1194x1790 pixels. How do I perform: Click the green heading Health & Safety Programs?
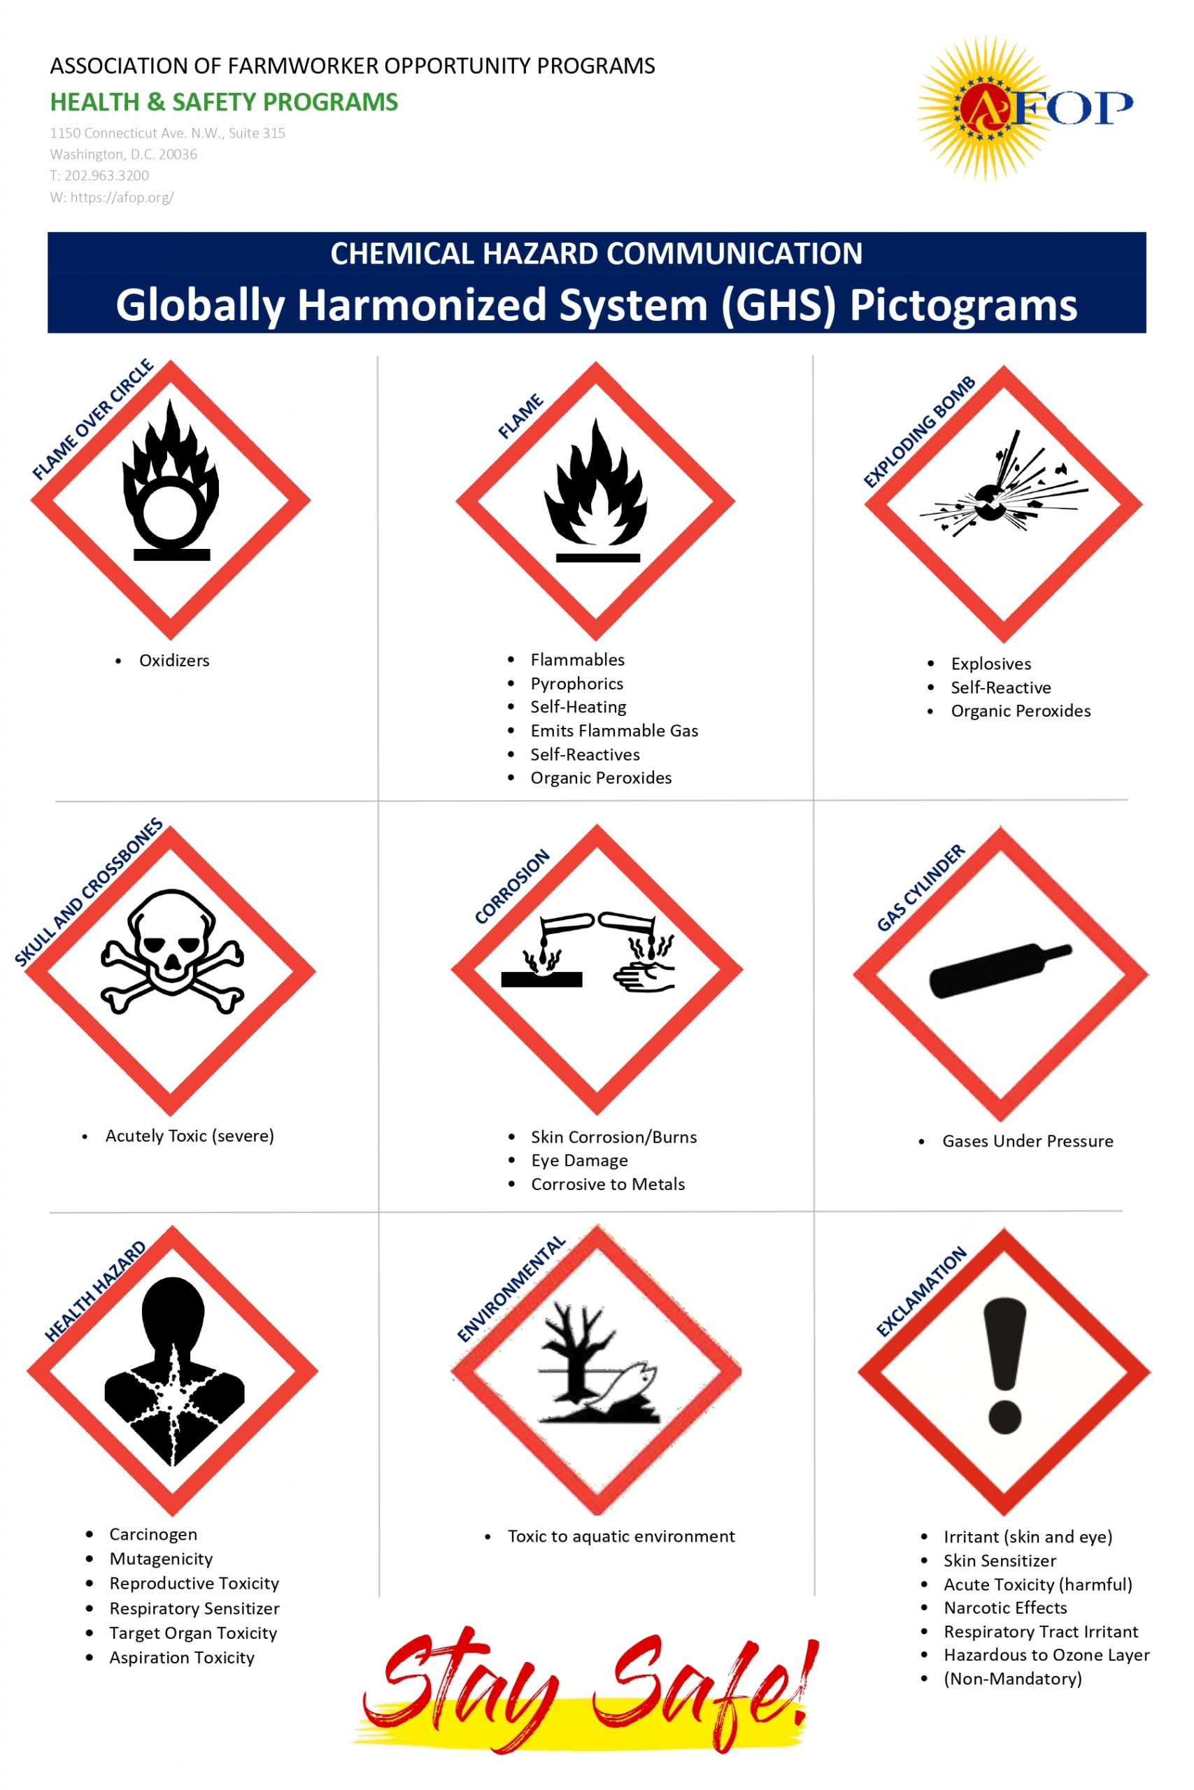click(x=224, y=102)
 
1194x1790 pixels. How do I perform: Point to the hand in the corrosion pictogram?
click(x=644, y=976)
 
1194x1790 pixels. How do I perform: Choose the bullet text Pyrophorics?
click(x=576, y=683)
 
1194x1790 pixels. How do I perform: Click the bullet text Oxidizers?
click(x=173, y=661)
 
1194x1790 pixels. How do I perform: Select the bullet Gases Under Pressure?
click(x=1028, y=1141)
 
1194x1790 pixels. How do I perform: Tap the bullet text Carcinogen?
click(x=153, y=1534)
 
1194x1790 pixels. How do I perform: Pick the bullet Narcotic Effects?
click(x=1005, y=1608)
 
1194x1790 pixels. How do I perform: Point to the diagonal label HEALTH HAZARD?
click(x=95, y=1291)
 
